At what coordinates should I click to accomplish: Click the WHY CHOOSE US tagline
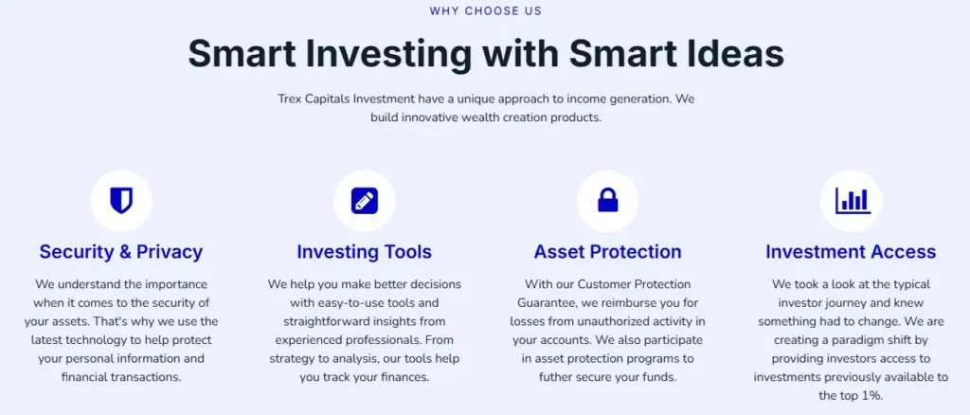coord(485,11)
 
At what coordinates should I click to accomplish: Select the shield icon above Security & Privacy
coord(121,201)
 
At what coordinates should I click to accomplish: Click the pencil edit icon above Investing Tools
coord(365,201)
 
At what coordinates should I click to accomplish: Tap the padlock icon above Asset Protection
coord(607,201)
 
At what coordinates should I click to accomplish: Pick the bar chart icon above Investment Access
coord(852,201)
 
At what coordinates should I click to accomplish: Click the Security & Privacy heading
coord(121,252)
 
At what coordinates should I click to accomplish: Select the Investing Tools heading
coord(365,252)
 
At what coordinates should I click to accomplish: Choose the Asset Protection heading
coord(607,252)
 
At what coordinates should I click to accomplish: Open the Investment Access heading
coord(851,252)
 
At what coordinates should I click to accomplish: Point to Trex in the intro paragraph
coord(293,99)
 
